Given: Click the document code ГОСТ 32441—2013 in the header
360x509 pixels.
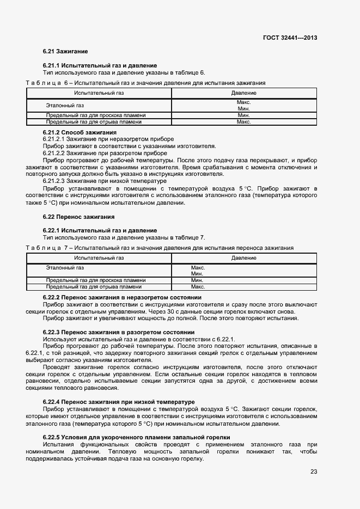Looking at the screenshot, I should (290, 38).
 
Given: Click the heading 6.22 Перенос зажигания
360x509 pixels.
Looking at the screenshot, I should (78, 217).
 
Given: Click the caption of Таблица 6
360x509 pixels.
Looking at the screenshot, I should (145, 83).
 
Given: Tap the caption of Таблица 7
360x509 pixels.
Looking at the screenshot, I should (160, 248).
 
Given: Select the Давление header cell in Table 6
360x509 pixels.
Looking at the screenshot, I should (243, 93).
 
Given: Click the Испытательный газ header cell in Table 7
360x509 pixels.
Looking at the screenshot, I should (99, 257).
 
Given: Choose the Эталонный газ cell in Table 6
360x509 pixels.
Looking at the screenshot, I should (65, 105).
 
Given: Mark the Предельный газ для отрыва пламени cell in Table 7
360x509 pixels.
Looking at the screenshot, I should (94, 286).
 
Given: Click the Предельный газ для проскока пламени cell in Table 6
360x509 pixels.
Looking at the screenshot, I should (95, 115).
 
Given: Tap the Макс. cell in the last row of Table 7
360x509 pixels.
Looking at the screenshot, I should (198, 286).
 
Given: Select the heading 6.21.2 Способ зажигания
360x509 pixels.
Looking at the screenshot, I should (80, 132).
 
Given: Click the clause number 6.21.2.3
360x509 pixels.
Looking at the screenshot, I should (54, 181).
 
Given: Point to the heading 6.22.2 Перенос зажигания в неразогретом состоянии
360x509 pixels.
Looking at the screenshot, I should (122, 297).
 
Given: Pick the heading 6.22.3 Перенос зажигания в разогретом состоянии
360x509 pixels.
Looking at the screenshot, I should (119, 332).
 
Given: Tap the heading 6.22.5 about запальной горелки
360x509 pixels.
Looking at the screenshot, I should (136, 437).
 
